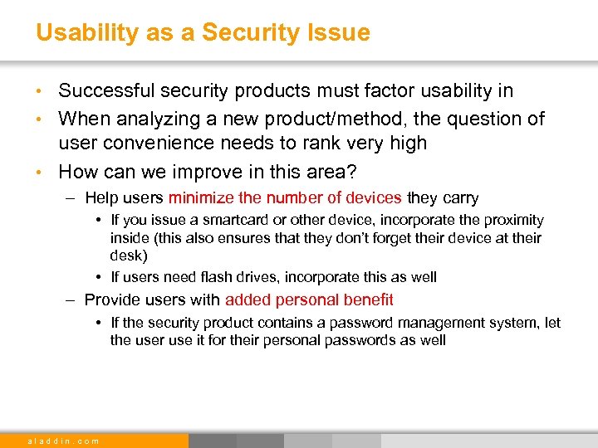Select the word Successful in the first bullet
point(109,91)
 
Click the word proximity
point(513,221)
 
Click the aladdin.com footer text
point(63,441)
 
